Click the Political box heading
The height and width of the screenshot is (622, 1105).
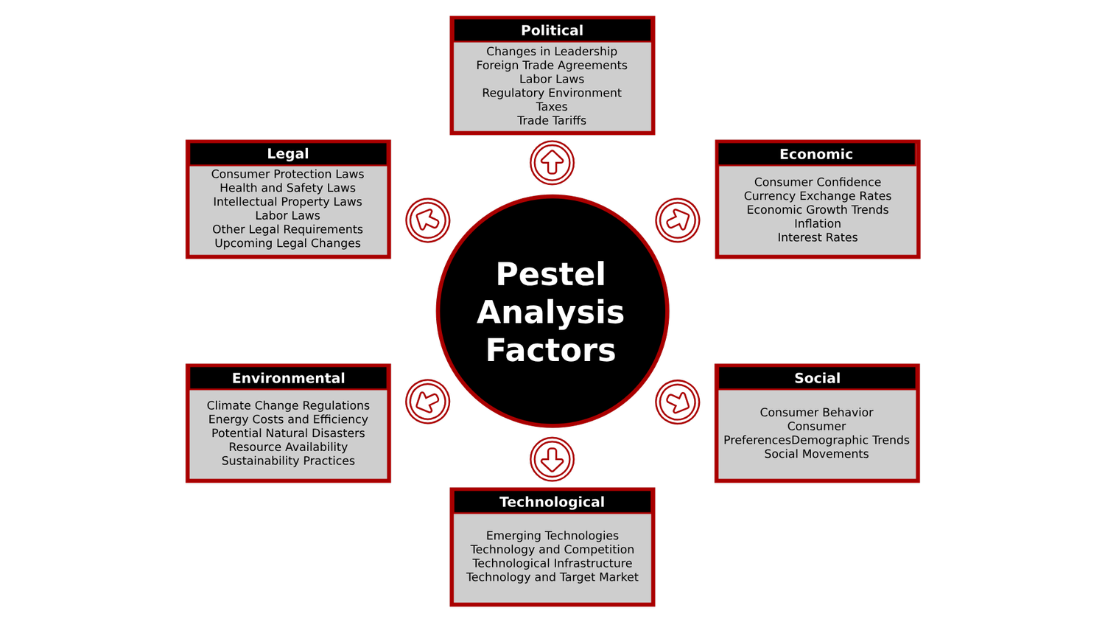point(552,30)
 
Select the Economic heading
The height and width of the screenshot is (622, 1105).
point(816,154)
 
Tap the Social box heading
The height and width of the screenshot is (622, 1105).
point(817,378)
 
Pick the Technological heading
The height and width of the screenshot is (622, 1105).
point(552,502)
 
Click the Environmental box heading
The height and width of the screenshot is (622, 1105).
point(288,378)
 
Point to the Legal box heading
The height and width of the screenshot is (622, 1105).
point(287,153)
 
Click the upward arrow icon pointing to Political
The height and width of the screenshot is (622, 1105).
point(552,163)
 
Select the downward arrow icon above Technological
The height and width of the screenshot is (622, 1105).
point(552,459)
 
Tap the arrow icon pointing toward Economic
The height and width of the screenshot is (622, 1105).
point(677,220)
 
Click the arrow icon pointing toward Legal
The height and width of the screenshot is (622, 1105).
point(427,220)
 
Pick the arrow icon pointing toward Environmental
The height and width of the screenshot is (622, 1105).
point(427,402)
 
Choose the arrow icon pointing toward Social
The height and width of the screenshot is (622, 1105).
point(677,402)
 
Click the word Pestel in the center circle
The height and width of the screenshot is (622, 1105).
point(550,274)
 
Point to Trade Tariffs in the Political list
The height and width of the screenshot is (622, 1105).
point(552,120)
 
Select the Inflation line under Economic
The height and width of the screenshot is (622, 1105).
point(817,223)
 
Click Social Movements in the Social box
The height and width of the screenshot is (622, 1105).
point(816,454)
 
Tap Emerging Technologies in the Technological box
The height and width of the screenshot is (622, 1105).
point(552,536)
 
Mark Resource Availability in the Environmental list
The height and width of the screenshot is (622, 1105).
point(288,447)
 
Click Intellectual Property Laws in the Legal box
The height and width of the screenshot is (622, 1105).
point(287,201)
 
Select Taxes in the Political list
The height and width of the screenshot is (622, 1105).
point(552,107)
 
